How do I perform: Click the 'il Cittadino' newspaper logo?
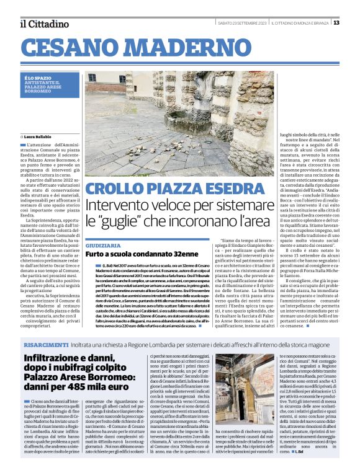[x=43, y=24]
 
